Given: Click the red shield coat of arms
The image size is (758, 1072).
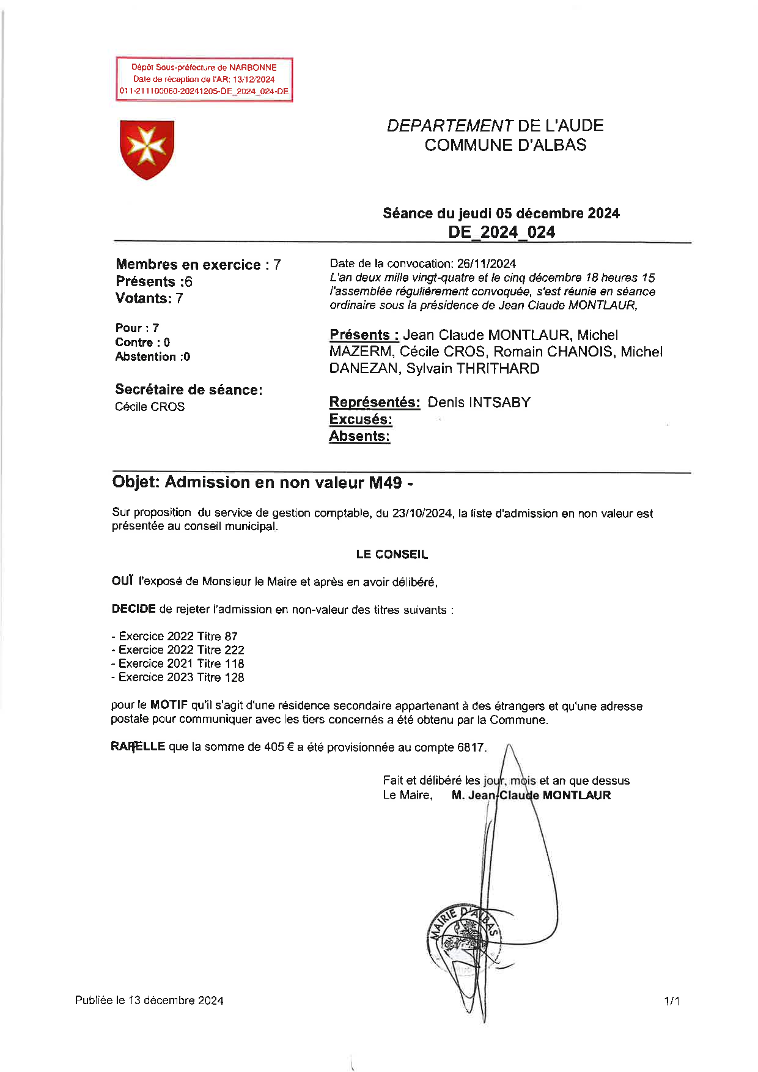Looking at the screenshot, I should [147, 149].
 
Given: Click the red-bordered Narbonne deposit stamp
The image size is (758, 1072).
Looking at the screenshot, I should [204, 79].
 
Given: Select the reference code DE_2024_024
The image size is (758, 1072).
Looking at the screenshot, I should [501, 232].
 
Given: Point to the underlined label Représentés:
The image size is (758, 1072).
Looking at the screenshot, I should [374, 402].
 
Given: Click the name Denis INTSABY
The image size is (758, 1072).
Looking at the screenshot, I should [479, 402].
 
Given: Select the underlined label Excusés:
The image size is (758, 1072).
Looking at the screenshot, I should [360, 420].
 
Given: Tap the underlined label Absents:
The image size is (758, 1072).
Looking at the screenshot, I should [359, 436].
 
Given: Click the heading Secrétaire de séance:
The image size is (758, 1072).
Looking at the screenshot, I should [188, 390].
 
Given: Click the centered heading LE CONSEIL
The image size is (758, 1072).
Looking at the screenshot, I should [392, 555].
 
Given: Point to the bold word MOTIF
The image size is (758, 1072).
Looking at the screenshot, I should [169, 705].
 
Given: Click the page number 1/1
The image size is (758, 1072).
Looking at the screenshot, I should [672, 1001].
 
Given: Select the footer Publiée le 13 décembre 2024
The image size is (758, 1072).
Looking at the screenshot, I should [149, 1000].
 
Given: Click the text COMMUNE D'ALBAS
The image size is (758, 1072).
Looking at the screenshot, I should [505, 145].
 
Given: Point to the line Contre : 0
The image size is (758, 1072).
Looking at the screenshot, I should [142, 342].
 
